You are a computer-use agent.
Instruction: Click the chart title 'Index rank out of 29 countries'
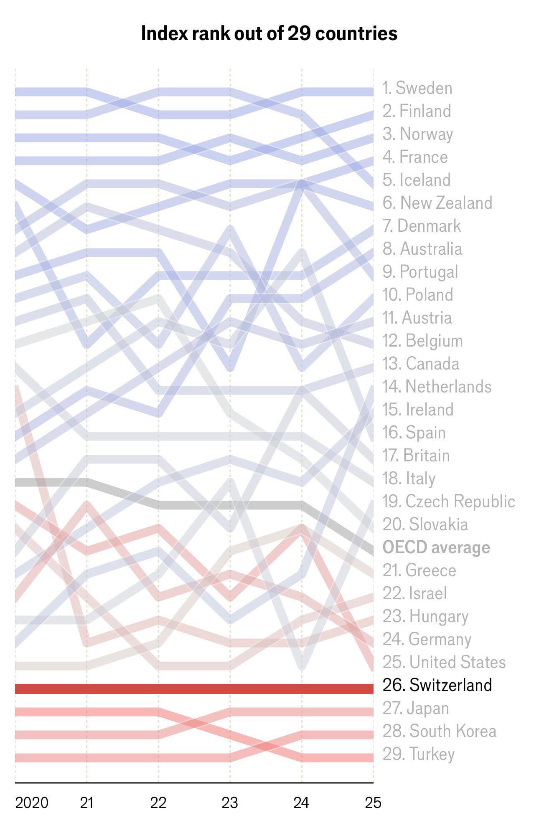269,33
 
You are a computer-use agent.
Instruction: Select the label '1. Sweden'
417,88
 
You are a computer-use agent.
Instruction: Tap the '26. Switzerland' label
437,685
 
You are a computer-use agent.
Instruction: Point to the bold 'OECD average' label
436,547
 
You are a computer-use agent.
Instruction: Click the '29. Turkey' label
418,754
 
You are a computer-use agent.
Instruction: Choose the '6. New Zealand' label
437,203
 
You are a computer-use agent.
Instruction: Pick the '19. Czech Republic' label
448,501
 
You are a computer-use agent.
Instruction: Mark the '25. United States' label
444,662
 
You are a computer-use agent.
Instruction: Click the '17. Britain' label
416,456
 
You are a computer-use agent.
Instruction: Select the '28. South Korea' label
439,731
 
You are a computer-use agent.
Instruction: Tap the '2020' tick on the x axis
32,803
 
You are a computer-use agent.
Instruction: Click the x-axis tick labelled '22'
158,803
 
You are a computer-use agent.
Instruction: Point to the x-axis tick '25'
373,803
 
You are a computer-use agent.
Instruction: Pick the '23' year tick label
230,803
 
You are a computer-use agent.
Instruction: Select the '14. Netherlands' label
437,387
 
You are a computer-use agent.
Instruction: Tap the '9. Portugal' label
420,272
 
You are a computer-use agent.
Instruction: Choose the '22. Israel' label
414,593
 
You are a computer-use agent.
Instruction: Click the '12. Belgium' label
422,341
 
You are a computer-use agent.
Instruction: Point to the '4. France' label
415,157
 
